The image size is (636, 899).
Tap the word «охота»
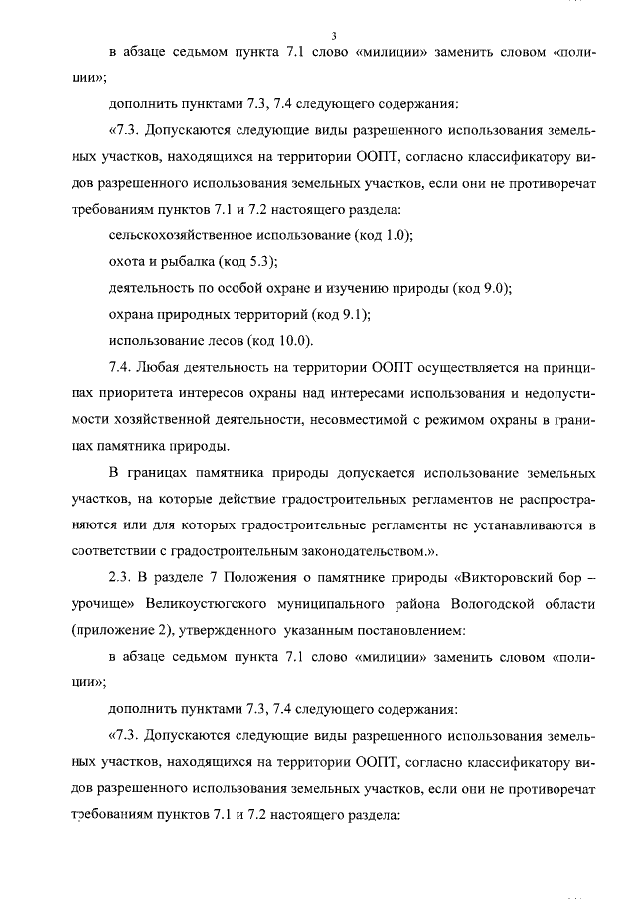tap(126, 263)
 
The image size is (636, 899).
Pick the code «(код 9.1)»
tap(339, 315)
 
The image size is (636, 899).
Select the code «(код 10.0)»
tap(281, 341)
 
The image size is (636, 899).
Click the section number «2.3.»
tap(120, 576)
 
